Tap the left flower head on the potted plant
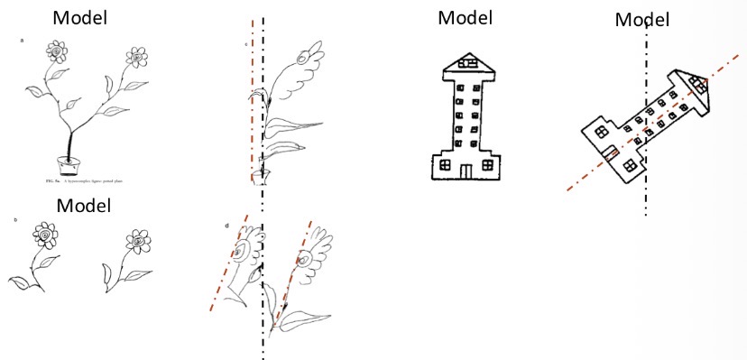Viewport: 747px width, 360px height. click(x=56, y=52)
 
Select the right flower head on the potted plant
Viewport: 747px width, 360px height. click(x=137, y=58)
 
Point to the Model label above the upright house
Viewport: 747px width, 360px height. click(x=465, y=17)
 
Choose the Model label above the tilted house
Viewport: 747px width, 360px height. click(x=642, y=19)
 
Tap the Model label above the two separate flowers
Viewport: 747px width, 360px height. click(x=84, y=205)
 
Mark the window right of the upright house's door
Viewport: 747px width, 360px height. click(x=488, y=164)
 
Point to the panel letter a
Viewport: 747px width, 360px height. click(x=22, y=41)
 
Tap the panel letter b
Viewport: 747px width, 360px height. click(x=15, y=219)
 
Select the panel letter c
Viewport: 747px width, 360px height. click(x=245, y=42)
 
